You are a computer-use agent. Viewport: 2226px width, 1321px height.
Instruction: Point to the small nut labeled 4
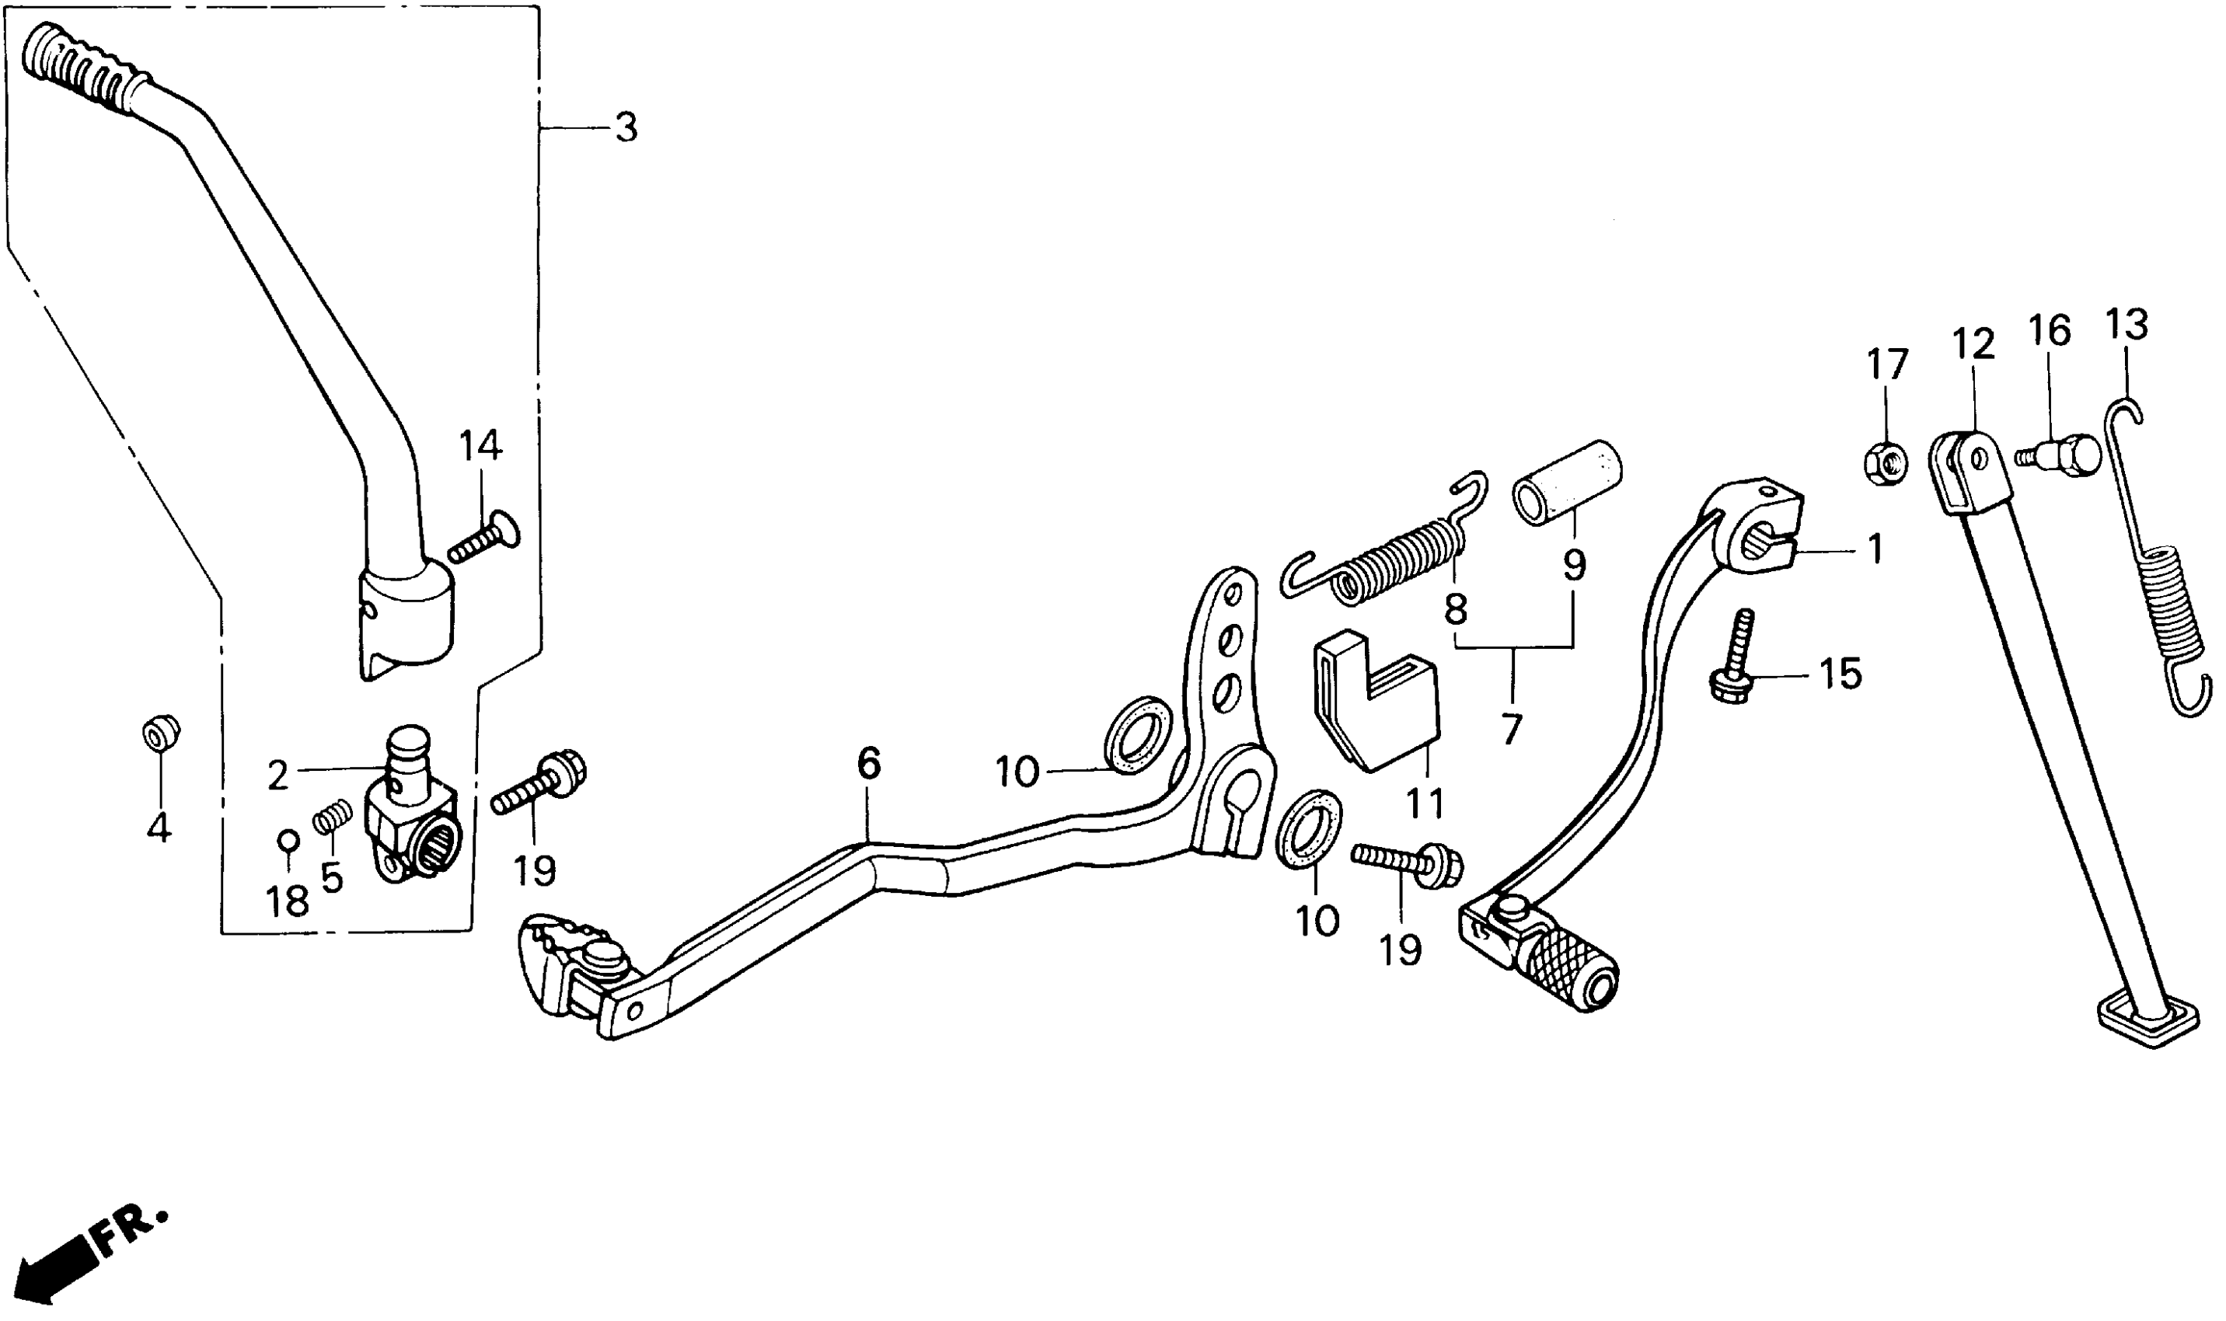(160, 736)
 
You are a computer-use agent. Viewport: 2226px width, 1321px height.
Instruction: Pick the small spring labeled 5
(331, 815)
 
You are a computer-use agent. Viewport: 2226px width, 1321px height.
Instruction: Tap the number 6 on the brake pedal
(869, 763)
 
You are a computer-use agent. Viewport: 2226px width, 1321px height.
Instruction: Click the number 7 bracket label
(1511, 730)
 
